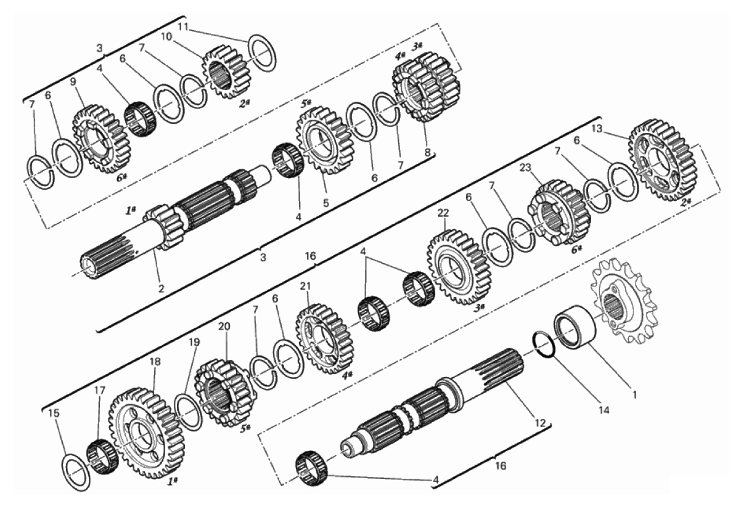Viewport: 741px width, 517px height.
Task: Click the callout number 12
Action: (540, 423)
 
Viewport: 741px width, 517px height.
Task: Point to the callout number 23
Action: (525, 168)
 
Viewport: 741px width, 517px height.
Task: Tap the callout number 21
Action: (305, 287)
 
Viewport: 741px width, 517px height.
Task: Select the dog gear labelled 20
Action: (224, 392)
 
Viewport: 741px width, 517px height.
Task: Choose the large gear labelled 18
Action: (146, 434)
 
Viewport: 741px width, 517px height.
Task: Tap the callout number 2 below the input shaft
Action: (161, 288)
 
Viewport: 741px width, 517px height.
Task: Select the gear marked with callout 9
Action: (101, 139)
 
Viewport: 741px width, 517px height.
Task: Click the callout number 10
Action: (166, 37)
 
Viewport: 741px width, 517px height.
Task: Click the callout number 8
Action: (427, 152)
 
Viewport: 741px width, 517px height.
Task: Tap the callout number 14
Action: (604, 410)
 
